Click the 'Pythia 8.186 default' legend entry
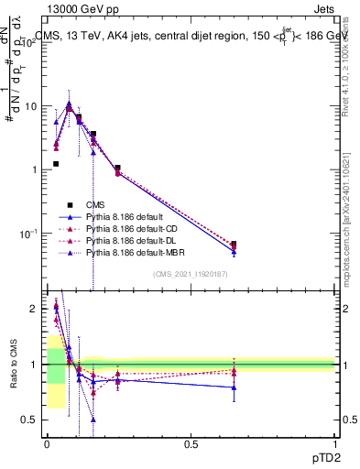pyautogui.click(x=125, y=216)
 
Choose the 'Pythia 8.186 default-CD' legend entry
pyautogui.click(x=131, y=228)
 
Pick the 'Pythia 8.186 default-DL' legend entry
pyautogui.click(x=131, y=240)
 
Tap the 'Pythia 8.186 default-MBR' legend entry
pyautogui.click(x=134, y=252)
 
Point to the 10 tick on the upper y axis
pyautogui.click(x=30, y=106)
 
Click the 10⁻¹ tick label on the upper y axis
pyautogui.click(x=29, y=234)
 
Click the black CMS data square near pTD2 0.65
pyautogui.click(x=234, y=245)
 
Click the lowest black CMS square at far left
pyautogui.click(x=56, y=164)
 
